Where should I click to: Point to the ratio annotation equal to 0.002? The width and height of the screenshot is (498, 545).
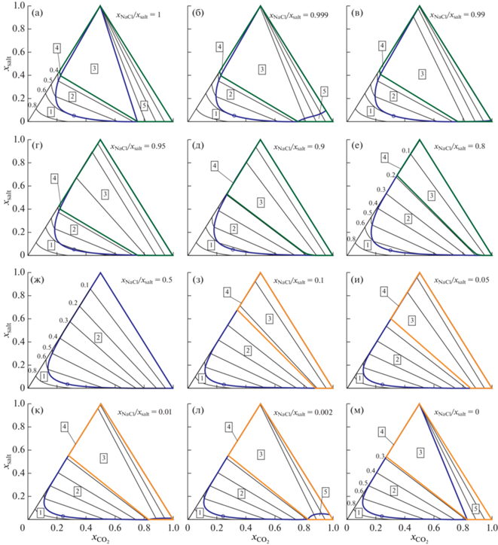point(292,413)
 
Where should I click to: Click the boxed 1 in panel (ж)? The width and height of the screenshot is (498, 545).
point(44,376)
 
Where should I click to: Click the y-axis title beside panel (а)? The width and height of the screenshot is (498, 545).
point(8,65)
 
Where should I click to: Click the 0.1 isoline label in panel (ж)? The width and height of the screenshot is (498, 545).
point(84,285)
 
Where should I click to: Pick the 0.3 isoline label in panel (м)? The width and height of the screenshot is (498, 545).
point(380,457)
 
